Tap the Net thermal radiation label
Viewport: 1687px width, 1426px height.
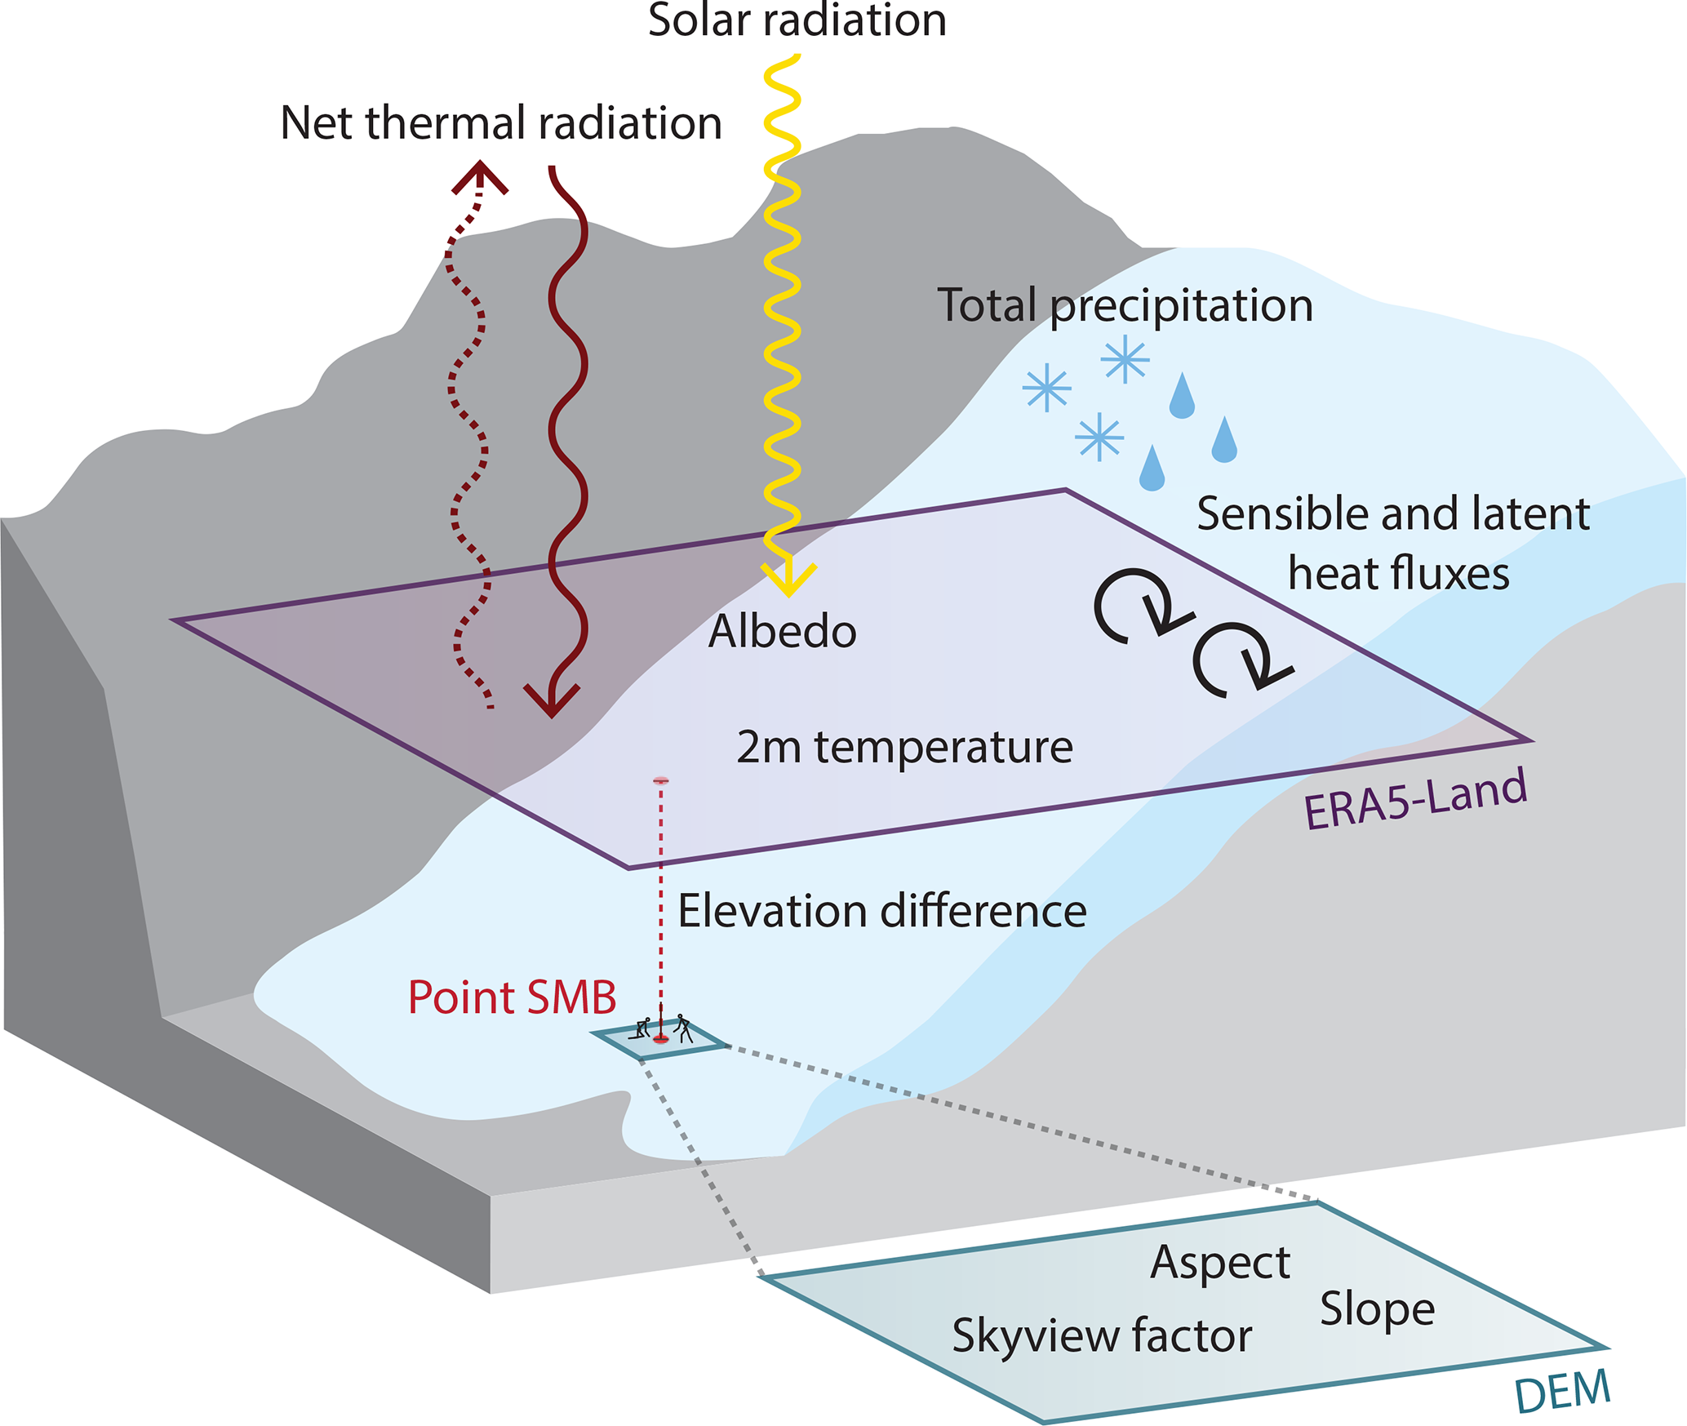pyautogui.click(x=500, y=123)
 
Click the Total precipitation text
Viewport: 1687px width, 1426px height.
pyautogui.click(x=1125, y=306)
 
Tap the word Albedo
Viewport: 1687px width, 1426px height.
pyautogui.click(x=782, y=632)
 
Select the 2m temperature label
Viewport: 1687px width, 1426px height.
pyautogui.click(x=904, y=747)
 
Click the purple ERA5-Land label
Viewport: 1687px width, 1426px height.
pyautogui.click(x=1415, y=800)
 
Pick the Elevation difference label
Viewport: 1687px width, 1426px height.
pyautogui.click(x=882, y=911)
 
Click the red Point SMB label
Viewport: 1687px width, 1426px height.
pyautogui.click(x=512, y=997)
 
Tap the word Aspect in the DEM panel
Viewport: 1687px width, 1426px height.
pyautogui.click(x=1220, y=1263)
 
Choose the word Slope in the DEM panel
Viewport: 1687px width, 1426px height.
pyautogui.click(x=1377, y=1310)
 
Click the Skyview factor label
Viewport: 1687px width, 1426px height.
pyautogui.click(x=1102, y=1336)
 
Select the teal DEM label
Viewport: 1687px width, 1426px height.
pyautogui.click(x=1562, y=1391)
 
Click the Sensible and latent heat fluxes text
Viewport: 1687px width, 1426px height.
pyautogui.click(x=1393, y=544)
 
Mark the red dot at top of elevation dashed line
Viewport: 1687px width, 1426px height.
pyautogui.click(x=661, y=781)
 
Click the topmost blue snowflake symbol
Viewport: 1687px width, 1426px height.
pyautogui.click(x=1125, y=359)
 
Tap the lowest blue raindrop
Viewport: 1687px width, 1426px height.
pyautogui.click(x=1152, y=469)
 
